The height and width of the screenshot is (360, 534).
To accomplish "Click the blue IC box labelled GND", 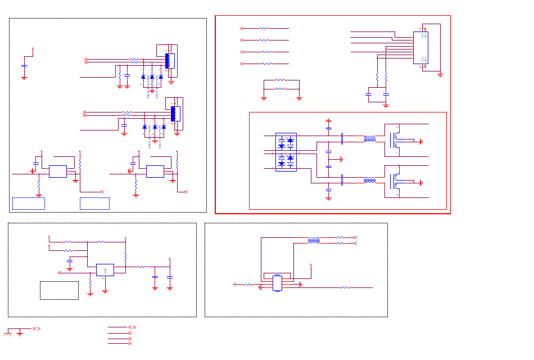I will tap(105, 270).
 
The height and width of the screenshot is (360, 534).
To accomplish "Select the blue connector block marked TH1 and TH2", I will tap(420, 47).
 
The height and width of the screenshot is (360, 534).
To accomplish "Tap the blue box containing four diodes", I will tap(286, 152).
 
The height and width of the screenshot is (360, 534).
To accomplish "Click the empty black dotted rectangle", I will tap(59, 290).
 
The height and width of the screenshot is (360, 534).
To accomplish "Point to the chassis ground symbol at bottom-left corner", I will tap(7, 334).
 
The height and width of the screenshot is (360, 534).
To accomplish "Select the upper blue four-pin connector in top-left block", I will tap(170, 61).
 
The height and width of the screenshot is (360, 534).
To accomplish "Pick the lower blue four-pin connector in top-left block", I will tap(175, 114).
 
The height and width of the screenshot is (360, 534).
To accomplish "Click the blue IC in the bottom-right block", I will tap(277, 283).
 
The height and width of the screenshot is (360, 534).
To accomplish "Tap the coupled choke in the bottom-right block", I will tap(314, 240).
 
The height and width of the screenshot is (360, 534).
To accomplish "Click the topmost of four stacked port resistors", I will tap(264, 28).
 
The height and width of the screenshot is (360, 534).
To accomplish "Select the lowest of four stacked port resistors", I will tap(266, 64).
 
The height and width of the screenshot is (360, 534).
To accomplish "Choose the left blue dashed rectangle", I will tap(28, 204).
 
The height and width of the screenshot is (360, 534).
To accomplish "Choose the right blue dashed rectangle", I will tap(94, 204).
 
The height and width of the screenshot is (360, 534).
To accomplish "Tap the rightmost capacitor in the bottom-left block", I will tap(169, 277).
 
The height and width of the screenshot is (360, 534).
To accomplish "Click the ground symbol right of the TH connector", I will tap(440, 74).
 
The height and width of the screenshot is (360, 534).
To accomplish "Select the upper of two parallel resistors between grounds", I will tap(280, 80).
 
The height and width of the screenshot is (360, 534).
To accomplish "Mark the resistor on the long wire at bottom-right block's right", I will tap(345, 287).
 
